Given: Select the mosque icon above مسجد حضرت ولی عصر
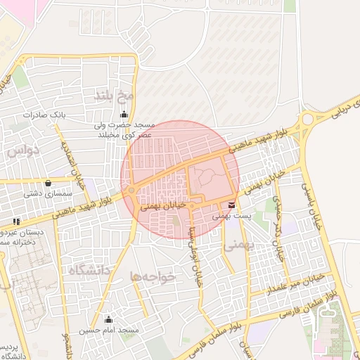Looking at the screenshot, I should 124,114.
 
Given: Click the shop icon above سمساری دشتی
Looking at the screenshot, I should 47,183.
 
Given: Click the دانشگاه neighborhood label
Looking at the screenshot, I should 89,269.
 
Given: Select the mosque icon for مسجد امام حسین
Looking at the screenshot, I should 108,320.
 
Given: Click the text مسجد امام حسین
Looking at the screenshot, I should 109,330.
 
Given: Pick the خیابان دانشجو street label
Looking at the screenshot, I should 71,345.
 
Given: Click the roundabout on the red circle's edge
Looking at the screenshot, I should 131,191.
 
